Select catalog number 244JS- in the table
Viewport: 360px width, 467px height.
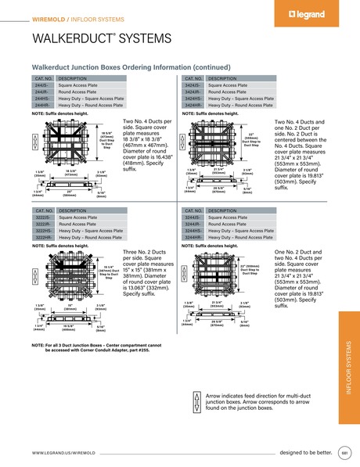41,85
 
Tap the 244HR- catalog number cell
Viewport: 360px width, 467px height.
41,104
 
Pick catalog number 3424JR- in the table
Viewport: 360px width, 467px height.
193,92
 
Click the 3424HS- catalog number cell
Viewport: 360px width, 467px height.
193,98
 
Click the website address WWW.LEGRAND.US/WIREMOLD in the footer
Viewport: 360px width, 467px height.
64,453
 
